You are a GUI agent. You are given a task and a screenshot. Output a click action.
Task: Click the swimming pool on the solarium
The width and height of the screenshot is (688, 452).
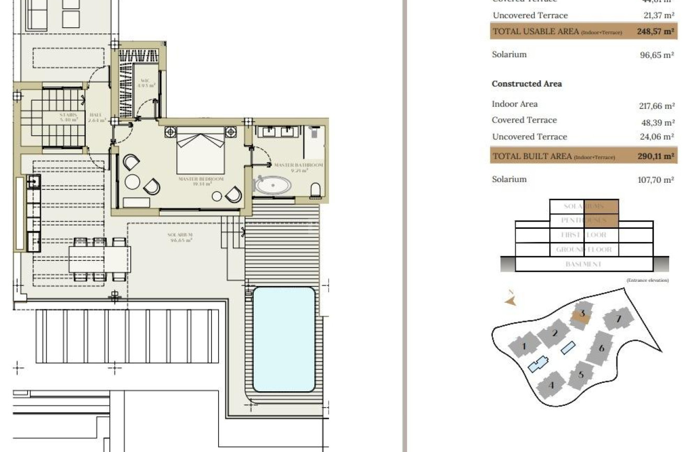(284, 339)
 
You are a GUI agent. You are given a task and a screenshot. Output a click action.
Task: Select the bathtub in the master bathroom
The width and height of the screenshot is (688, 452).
(273, 185)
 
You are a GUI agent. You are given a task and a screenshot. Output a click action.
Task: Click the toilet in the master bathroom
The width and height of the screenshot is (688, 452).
(315, 189)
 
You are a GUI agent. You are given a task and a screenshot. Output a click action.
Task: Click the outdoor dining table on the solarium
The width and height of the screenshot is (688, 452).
(99, 259)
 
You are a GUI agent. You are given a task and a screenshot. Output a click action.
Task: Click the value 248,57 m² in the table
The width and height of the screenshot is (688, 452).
(655, 31)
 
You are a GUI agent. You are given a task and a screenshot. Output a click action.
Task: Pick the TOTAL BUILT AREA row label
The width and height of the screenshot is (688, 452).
(532, 156)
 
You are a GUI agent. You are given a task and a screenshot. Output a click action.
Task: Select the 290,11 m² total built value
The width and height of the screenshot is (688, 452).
(655, 157)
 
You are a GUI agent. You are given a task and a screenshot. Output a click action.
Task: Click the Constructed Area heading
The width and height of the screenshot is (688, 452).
(527, 84)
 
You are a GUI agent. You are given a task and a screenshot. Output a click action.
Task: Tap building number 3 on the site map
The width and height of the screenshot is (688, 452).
(582, 314)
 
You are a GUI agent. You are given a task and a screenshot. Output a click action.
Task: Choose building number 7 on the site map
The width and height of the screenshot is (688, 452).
(618, 319)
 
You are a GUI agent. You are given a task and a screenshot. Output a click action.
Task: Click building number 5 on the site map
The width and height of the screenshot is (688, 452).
(581, 374)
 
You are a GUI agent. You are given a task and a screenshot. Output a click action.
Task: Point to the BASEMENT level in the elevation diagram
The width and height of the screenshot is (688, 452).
(583, 264)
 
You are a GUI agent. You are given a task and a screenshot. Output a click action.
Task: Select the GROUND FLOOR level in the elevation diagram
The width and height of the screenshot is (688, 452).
(583, 250)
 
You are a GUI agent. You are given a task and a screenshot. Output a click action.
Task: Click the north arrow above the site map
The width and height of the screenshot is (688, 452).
(511, 299)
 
